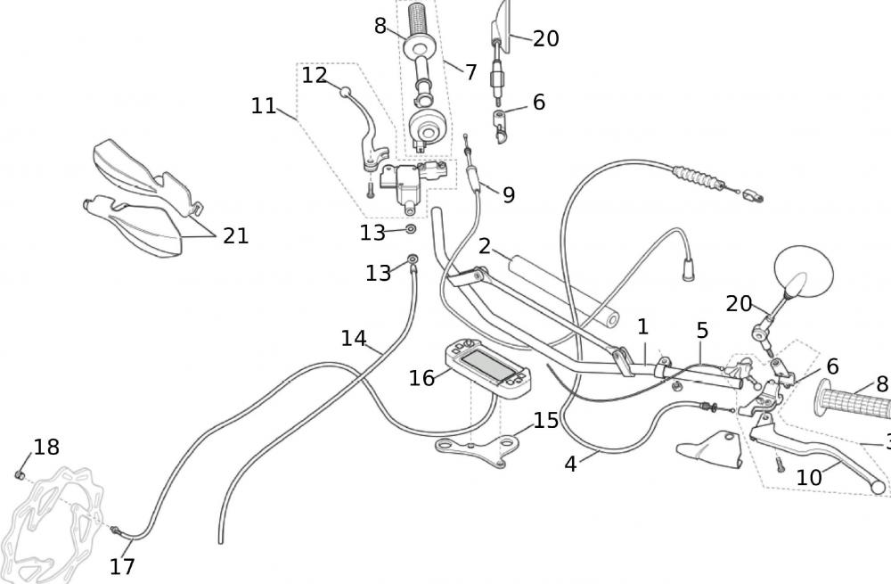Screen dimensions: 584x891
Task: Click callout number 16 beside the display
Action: pos(421,378)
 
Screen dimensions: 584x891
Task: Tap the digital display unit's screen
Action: pos(486,364)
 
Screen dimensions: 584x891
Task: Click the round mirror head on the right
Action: pos(805,270)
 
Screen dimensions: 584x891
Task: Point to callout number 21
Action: pos(235,236)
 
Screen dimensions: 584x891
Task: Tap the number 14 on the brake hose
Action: pos(354,338)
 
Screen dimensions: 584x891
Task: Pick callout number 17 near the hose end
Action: pos(122,566)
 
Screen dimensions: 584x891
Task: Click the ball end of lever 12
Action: pos(342,90)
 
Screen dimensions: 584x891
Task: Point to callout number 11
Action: pos(264,106)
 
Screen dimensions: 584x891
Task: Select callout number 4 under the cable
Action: pos(571,464)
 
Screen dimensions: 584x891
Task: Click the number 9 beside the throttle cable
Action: pos(508,194)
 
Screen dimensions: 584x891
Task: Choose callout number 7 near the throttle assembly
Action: pos(470,72)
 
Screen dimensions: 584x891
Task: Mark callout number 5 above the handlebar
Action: pos(702,331)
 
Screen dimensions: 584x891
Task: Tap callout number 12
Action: pos(314,76)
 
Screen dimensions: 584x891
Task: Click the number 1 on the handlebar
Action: pos(642,327)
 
